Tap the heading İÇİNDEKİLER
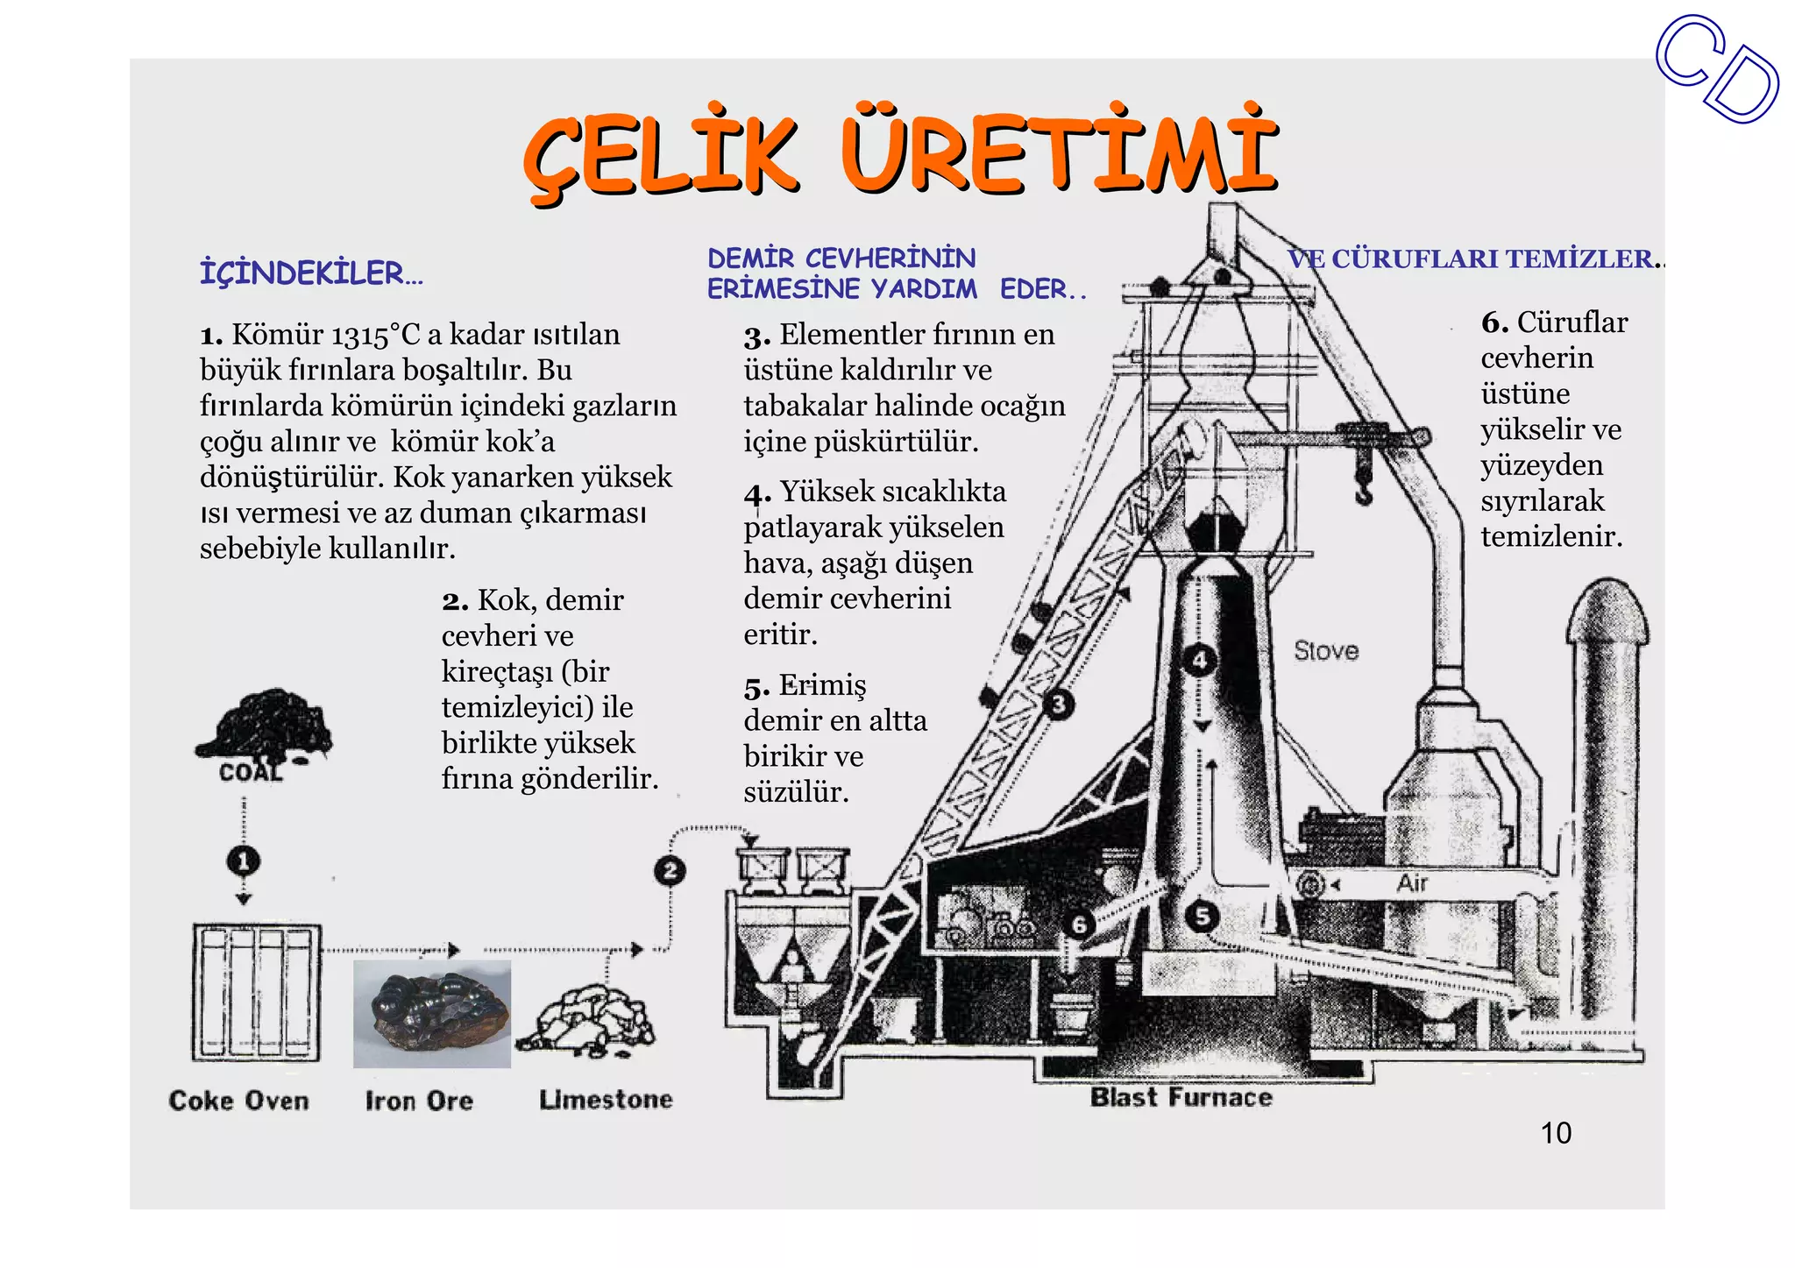[x=311, y=273]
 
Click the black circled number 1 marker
[x=244, y=861]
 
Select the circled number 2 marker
[x=670, y=870]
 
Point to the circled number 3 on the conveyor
[x=1059, y=705]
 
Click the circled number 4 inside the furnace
[x=1200, y=660]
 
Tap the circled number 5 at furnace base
[x=1203, y=917]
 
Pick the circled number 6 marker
[x=1079, y=924]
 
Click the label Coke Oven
[x=238, y=1101]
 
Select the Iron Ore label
[x=419, y=1101]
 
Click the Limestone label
[x=606, y=1099]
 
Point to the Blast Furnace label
[x=1181, y=1097]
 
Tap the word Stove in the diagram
[x=1326, y=650]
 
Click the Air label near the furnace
[x=1412, y=883]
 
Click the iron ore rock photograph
[x=432, y=1014]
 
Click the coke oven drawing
[x=257, y=993]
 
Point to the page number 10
[x=1556, y=1133]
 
